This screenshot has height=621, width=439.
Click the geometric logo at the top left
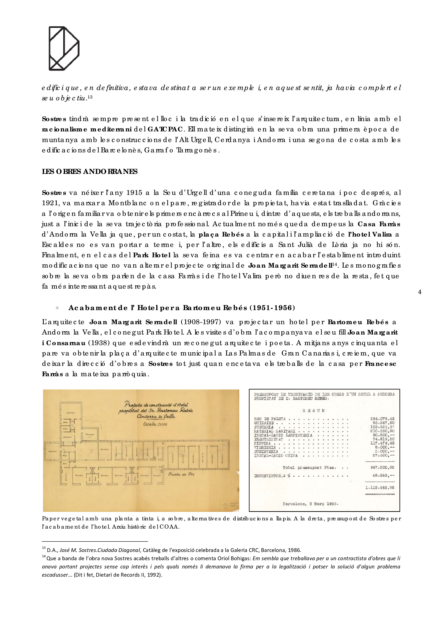[x=64, y=48]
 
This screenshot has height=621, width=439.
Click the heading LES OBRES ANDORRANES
[x=89, y=172]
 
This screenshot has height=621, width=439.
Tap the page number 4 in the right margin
[x=420, y=292]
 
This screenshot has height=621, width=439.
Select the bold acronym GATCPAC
[x=165, y=129]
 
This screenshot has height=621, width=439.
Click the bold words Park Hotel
[x=152, y=255]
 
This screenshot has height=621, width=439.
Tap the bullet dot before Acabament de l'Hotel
[x=57, y=308]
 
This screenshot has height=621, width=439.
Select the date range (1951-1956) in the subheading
[x=272, y=308]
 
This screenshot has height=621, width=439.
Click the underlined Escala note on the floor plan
[x=155, y=424]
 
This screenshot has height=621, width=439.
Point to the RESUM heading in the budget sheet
[x=313, y=410]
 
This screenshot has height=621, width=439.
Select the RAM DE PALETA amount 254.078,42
[x=382, y=419]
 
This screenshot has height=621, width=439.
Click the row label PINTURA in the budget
[x=262, y=443]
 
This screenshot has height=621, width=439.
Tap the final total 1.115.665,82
[x=380, y=488]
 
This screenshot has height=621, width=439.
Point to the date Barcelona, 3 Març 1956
[x=310, y=504]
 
